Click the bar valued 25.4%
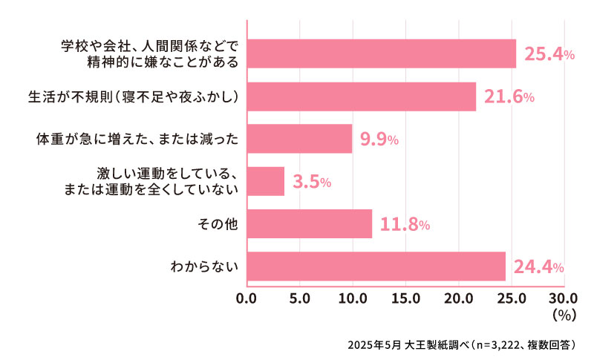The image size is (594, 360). click(381, 53)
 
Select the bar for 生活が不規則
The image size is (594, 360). click(361, 96)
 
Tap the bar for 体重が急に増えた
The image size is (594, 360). click(298, 139)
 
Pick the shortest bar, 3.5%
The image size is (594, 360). click(265, 181)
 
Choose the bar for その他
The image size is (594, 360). click(309, 224)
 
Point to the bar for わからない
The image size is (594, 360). click(376, 266)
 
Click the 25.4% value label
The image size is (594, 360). click(549, 53)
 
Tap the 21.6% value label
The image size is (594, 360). click(509, 96)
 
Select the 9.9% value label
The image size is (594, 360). click(379, 139)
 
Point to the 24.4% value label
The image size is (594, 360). click(540, 266)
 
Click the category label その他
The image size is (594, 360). click(221, 224)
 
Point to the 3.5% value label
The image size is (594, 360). click(312, 182)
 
